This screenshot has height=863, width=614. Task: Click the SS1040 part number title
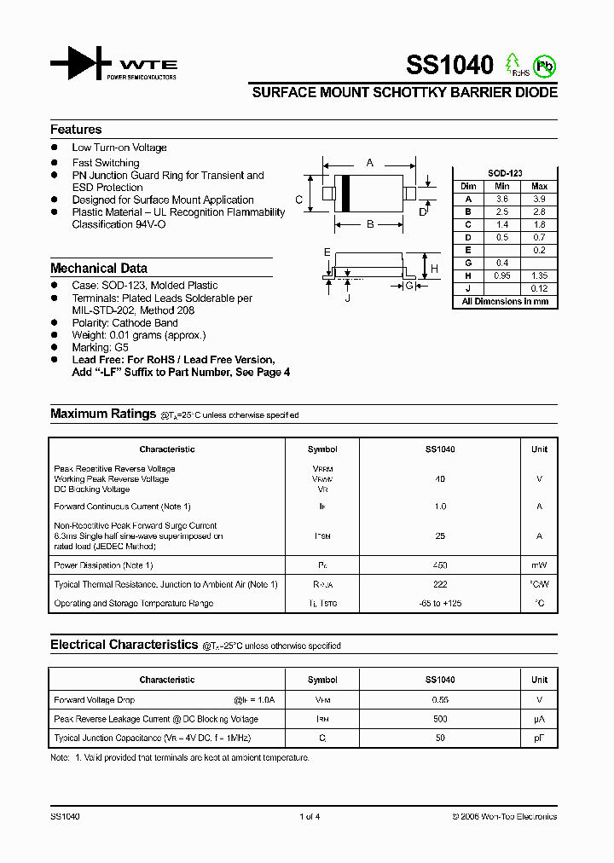(449, 65)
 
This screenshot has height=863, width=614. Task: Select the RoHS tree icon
(512, 63)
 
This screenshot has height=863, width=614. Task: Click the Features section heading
(76, 130)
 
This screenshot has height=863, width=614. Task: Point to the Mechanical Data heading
(98, 268)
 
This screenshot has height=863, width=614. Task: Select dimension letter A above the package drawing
(369, 162)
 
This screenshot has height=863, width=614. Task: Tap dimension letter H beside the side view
(434, 268)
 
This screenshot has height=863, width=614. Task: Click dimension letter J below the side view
(348, 298)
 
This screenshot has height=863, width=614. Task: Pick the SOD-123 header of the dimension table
(504, 173)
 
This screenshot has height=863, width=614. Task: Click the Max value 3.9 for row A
(539, 198)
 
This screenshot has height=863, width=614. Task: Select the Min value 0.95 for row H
(502, 275)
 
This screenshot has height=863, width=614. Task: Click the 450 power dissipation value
(440, 565)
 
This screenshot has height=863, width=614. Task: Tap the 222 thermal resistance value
(440, 584)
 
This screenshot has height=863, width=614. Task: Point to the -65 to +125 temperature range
(440, 603)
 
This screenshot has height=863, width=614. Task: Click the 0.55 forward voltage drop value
(440, 700)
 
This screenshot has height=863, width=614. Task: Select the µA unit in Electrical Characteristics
(539, 719)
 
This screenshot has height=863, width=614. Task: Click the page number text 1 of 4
(310, 817)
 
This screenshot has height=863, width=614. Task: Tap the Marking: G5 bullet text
(100, 348)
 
